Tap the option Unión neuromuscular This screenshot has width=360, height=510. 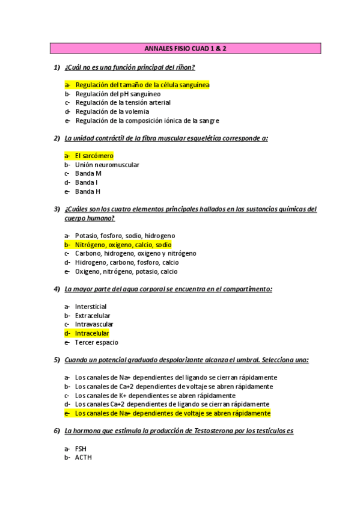(x=107, y=165)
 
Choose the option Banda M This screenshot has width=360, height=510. (x=88, y=173)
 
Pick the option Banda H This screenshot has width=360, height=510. (x=88, y=191)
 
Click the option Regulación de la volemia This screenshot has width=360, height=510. (x=112, y=111)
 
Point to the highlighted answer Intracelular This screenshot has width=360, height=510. (x=92, y=333)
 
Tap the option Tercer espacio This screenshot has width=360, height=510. (x=96, y=342)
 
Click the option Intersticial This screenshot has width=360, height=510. (x=91, y=307)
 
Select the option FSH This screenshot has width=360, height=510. (x=81, y=449)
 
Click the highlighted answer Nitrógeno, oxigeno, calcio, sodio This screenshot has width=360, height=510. (x=123, y=245)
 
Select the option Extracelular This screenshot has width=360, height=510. (x=93, y=316)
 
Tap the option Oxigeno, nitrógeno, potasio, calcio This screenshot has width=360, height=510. (x=126, y=271)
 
